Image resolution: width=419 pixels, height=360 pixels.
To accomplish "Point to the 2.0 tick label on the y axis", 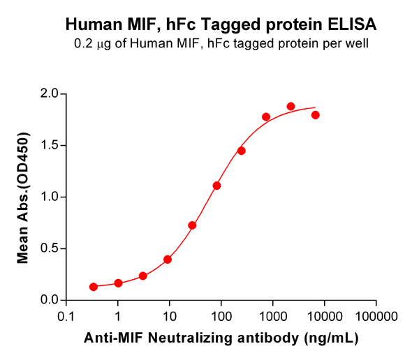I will (49, 93).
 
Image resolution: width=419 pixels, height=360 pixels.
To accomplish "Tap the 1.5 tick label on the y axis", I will (49, 145).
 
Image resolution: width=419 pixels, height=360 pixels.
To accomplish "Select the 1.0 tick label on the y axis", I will (49, 197).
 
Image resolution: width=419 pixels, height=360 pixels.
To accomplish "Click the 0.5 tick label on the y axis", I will (49, 248).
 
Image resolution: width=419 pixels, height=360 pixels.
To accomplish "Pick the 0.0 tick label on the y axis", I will (49, 300).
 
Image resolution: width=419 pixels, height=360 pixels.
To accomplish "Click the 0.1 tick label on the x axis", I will (66, 315).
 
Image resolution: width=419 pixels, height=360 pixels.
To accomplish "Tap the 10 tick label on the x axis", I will (170, 315).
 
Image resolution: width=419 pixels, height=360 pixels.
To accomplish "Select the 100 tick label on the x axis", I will (221, 315).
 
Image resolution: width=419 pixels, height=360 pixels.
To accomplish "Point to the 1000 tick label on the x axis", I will (273, 315).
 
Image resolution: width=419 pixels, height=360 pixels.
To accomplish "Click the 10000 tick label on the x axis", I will (325, 315).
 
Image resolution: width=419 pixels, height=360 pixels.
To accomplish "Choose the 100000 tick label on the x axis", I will (376, 315).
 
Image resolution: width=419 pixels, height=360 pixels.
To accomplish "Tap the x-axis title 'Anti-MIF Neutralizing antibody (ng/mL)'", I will (221, 338).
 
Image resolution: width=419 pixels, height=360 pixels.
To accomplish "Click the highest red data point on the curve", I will (291, 107).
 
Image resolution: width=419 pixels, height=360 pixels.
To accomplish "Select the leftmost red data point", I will (94, 287).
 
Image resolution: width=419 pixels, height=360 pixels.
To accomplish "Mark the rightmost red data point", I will (316, 115).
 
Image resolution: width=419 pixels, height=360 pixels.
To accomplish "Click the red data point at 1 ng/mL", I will (118, 283).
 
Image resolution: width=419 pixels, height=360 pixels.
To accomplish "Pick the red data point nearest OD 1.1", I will (216, 186).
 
